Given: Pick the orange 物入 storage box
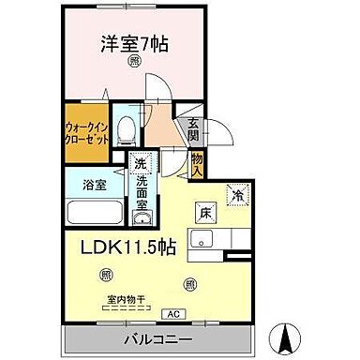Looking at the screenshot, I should point(197,166).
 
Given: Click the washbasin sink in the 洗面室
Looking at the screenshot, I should point(142,220).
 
